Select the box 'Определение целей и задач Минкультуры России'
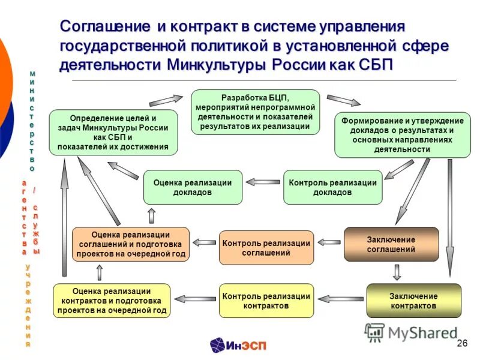coord(113,132)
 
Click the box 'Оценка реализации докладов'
coord(193,187)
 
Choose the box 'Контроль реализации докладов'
coord(332,187)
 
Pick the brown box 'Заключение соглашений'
coord(391,244)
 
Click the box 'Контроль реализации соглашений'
coord(266,248)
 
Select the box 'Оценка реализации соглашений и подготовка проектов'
coord(130,244)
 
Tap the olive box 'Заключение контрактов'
coord(413,301)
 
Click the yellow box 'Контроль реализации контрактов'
coord(266,301)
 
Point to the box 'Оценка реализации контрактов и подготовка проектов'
coord(112,301)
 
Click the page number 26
coord(462,343)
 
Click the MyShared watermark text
coord(420,332)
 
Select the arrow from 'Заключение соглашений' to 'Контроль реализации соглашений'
coord(329,242)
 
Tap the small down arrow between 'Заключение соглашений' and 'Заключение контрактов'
coord(396,272)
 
